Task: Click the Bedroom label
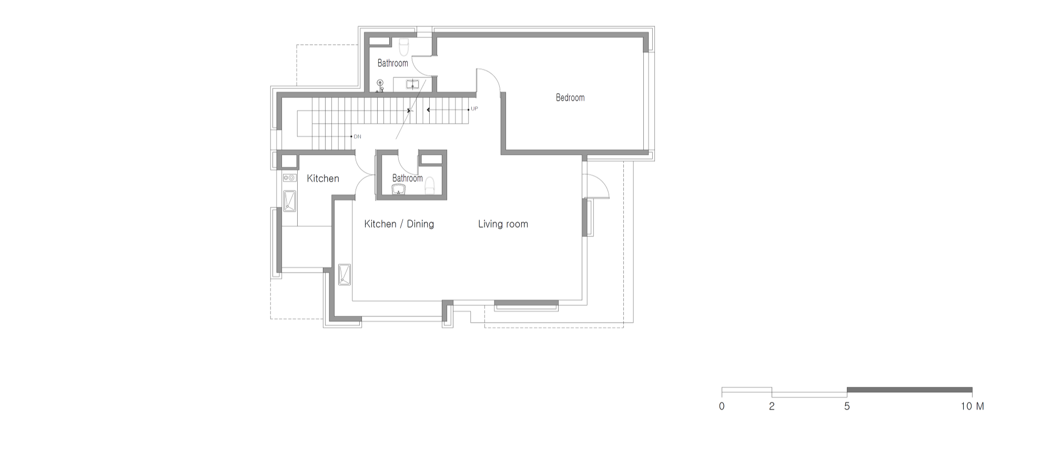[570, 97]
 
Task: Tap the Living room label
[503, 224]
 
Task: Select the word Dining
[420, 224]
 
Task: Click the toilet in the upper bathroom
[404, 47]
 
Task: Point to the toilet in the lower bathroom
[430, 185]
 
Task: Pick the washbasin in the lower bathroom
[399, 189]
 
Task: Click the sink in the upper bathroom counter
[412, 84]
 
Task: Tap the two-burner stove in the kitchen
[289, 178]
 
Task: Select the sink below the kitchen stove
[290, 201]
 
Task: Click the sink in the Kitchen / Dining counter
[345, 274]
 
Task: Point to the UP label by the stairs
[474, 109]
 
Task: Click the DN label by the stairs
[358, 137]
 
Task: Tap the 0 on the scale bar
[722, 406]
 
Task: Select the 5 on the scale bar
[847, 406]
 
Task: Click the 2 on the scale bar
[772, 406]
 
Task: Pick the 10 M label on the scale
[972, 406]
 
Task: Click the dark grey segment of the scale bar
[909, 390]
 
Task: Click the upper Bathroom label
[392, 63]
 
